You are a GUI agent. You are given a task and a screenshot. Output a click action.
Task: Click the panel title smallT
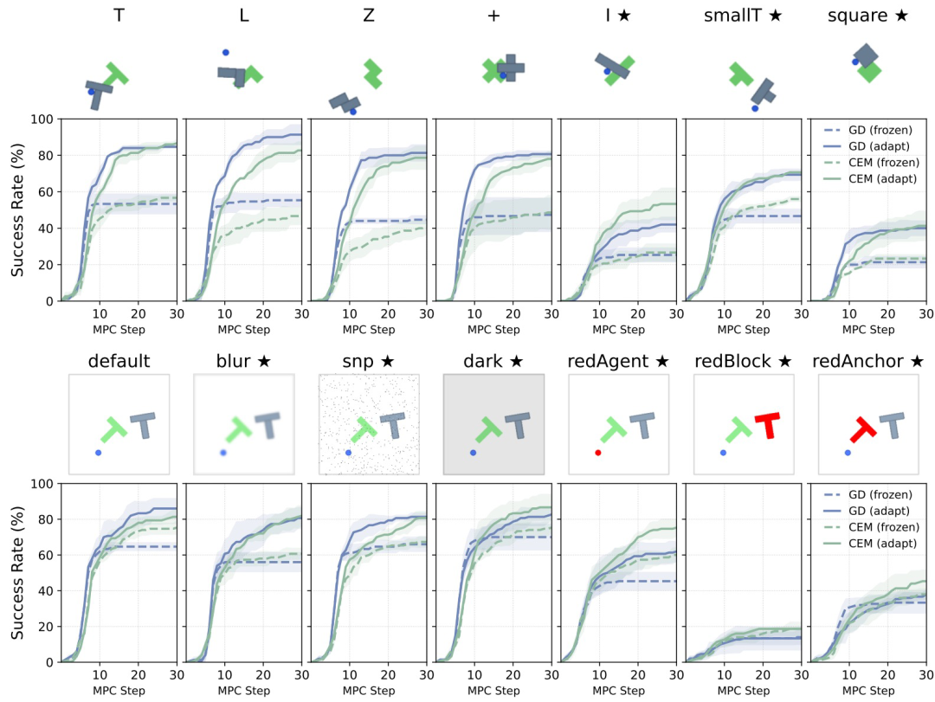point(733,15)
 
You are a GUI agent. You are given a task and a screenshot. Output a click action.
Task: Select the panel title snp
point(358,362)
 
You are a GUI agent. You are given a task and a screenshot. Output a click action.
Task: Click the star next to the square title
point(901,15)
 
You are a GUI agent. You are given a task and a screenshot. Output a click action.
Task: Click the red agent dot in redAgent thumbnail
point(598,453)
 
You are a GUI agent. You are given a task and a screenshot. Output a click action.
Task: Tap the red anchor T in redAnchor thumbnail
point(863,429)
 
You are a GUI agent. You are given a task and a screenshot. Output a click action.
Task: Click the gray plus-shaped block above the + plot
point(511,68)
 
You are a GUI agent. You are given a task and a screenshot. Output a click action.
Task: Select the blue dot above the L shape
point(225,53)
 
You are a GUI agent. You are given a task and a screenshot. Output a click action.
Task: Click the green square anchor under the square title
point(869,72)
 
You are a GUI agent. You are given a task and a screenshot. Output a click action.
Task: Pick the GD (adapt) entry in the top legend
point(879,146)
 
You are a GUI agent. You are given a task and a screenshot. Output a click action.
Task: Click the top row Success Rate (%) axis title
point(17,210)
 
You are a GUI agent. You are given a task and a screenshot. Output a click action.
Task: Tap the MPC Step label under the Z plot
point(369,329)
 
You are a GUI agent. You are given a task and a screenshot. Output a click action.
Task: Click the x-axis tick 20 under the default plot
point(139,674)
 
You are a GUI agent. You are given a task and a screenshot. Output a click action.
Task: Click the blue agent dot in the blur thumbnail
point(223,453)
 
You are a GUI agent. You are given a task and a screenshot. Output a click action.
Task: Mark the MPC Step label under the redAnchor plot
point(868,691)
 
